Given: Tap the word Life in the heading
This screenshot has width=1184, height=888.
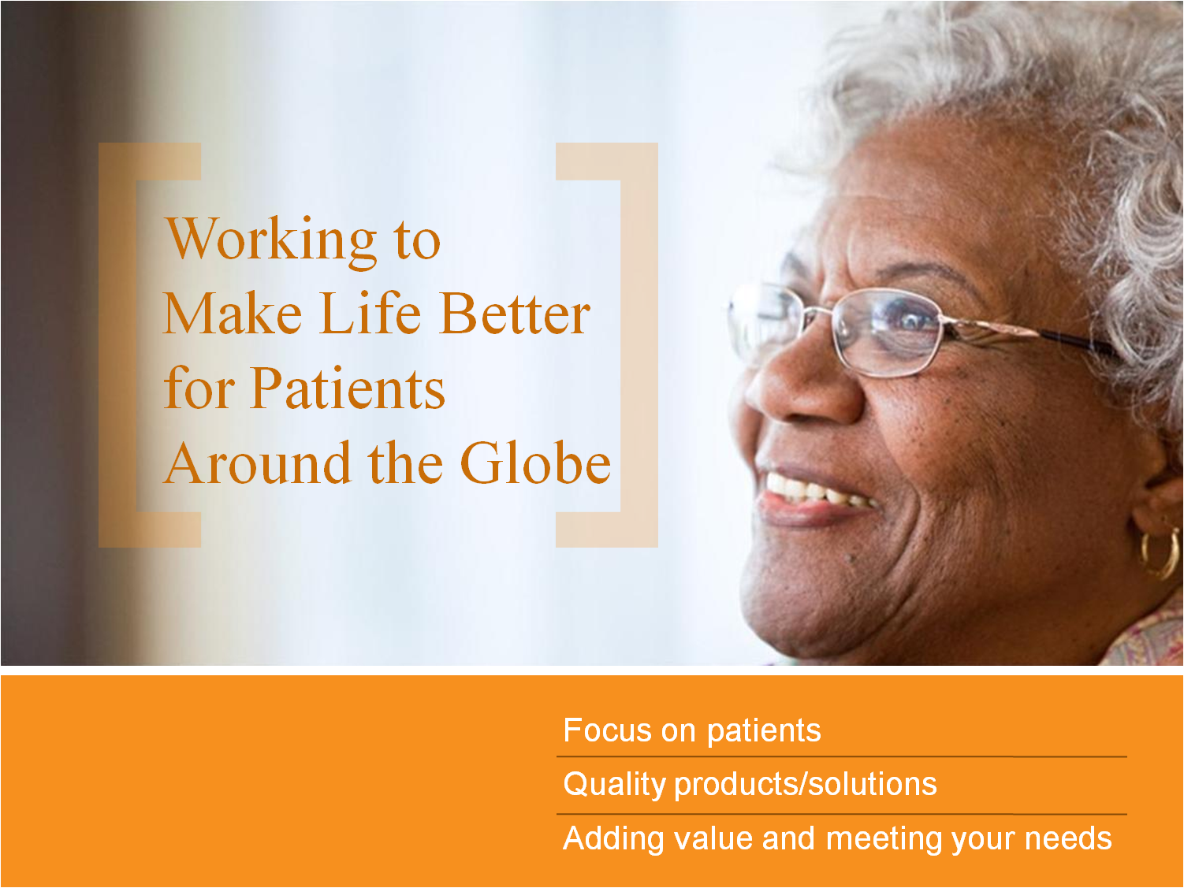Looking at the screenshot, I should (x=370, y=314).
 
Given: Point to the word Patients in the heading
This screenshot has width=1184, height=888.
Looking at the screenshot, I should (x=348, y=388).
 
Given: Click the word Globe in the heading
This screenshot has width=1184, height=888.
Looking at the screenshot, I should (x=535, y=463).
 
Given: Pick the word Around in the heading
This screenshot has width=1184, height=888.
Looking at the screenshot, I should (x=258, y=463).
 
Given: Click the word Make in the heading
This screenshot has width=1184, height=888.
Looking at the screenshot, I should (x=233, y=314).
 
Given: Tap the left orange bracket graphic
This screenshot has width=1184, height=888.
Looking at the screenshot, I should (x=117, y=345).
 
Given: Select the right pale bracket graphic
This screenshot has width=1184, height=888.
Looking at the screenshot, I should (x=639, y=345).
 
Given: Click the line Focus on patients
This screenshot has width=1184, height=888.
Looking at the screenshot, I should (x=691, y=730).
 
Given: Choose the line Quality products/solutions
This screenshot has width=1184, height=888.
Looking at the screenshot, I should (x=750, y=784).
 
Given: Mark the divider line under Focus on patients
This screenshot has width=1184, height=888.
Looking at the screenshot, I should (x=841, y=756).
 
